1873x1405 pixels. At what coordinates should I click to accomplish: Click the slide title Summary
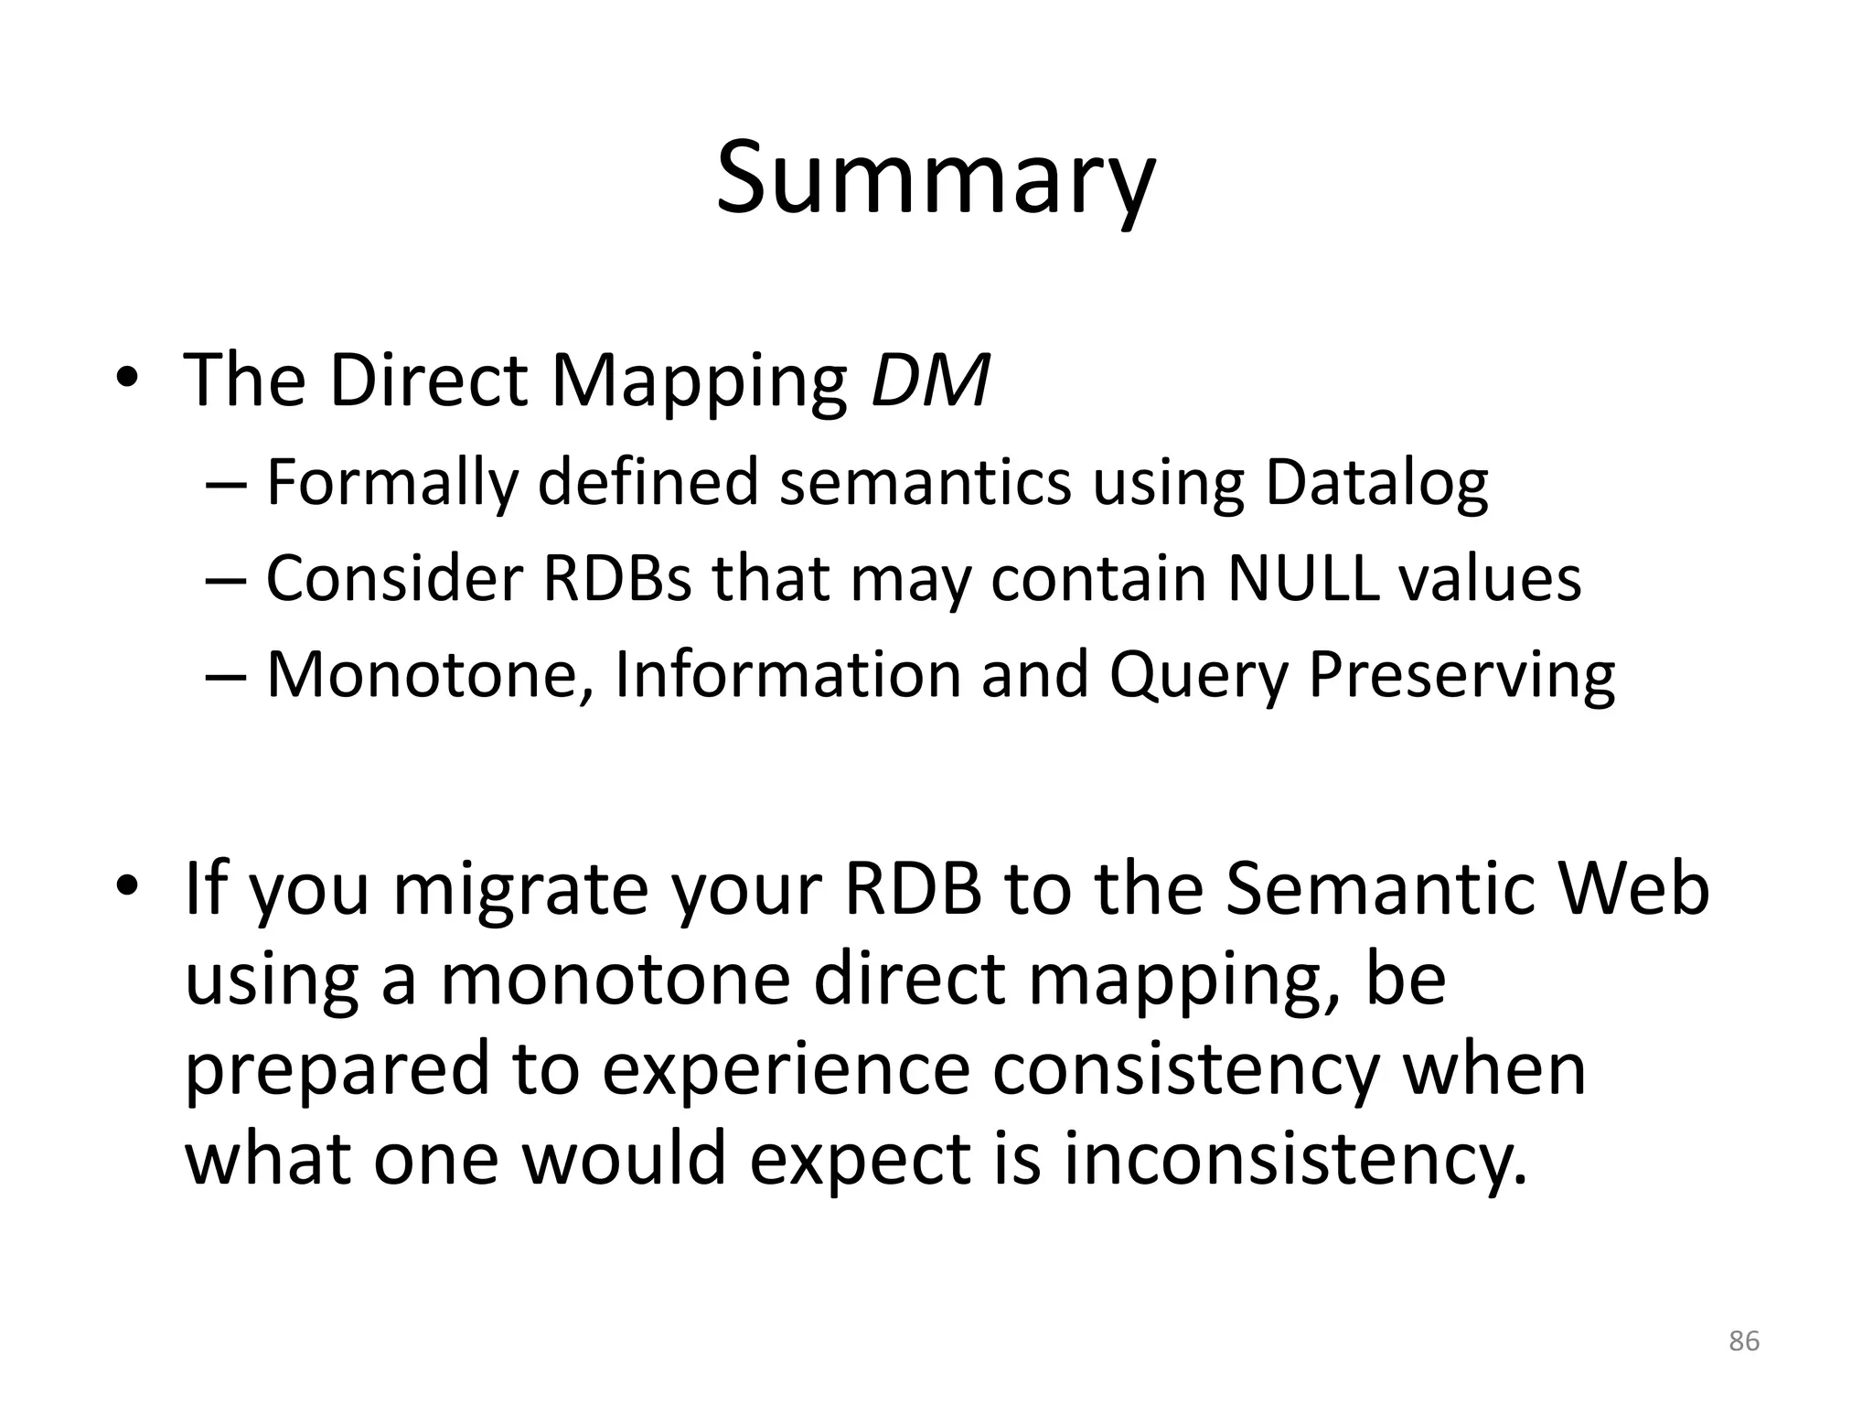[x=935, y=178]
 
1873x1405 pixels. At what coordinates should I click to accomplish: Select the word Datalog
[x=1376, y=482]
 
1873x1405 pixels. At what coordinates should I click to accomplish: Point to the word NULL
[x=1303, y=578]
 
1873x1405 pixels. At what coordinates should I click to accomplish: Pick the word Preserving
[x=1461, y=675]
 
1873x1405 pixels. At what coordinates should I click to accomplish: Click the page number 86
[x=1744, y=1341]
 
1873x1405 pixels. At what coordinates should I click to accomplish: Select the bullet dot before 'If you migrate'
[x=127, y=887]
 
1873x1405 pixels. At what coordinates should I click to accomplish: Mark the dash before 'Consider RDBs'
[x=225, y=580]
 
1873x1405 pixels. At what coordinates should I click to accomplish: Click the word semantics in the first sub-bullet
[x=925, y=482]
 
